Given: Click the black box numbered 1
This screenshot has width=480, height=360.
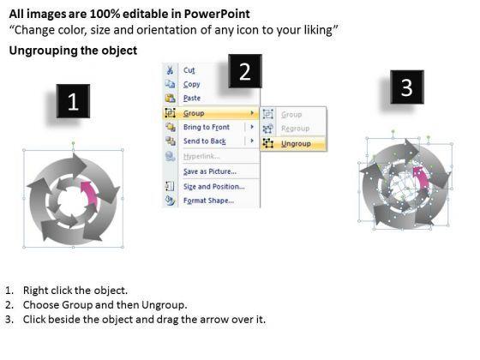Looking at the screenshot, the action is point(73,101).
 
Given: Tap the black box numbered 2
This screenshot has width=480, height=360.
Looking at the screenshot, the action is point(245,71).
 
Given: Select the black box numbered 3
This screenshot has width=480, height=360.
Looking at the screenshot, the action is point(407,87).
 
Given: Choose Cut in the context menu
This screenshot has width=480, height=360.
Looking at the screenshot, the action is point(189,70).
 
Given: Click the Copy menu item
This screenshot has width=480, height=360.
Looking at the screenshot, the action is point(192,84).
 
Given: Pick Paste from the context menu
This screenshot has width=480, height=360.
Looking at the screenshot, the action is point(192,98).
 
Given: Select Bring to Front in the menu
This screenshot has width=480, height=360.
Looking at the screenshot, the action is point(207,127).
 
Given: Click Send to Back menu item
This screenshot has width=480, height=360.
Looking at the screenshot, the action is point(205,141).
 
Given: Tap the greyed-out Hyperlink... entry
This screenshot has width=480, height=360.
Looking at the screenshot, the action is point(201,156).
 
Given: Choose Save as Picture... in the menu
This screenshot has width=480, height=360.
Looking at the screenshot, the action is point(210,171).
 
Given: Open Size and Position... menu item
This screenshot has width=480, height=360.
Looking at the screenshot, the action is point(214,187).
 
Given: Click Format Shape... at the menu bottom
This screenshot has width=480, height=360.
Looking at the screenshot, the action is point(208,201).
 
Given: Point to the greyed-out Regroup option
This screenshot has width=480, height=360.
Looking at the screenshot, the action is point(295,129).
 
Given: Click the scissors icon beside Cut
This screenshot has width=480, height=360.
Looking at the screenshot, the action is point(170,70).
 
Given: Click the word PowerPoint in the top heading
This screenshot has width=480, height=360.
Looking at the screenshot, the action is point(217,14).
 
